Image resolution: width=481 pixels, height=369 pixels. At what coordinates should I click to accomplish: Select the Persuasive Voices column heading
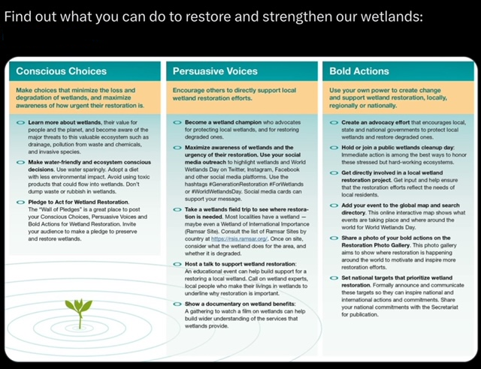click(215, 72)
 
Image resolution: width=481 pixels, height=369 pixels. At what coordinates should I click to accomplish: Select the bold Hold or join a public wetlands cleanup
click(396, 147)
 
